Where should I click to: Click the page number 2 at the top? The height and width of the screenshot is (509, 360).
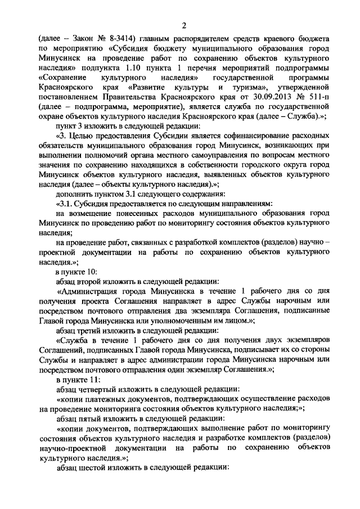[184, 24]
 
